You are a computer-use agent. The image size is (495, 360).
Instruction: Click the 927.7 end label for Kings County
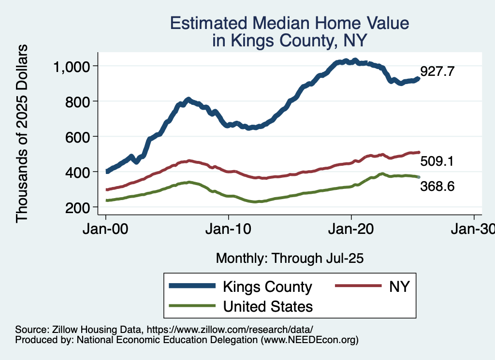tap(437, 72)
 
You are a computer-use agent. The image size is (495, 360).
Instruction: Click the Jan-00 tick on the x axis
tap(106, 229)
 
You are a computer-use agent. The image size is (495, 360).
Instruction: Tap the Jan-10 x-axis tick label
tap(229, 229)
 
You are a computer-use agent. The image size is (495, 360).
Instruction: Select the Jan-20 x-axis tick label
tap(351, 229)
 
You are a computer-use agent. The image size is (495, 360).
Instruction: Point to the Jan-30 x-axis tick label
tap(473, 229)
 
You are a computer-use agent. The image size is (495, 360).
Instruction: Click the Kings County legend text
tap(267, 287)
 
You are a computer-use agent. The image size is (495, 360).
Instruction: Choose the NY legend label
tap(399, 287)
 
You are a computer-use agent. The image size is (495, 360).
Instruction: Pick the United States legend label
tap(267, 306)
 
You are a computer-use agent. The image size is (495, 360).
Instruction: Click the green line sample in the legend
tap(192, 306)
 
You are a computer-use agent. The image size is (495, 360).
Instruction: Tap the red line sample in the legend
tap(358, 287)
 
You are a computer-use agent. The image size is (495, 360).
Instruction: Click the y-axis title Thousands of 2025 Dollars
tap(22, 134)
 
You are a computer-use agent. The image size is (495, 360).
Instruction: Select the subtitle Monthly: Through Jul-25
tap(290, 258)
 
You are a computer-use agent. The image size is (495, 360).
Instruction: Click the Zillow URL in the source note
tap(230, 330)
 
